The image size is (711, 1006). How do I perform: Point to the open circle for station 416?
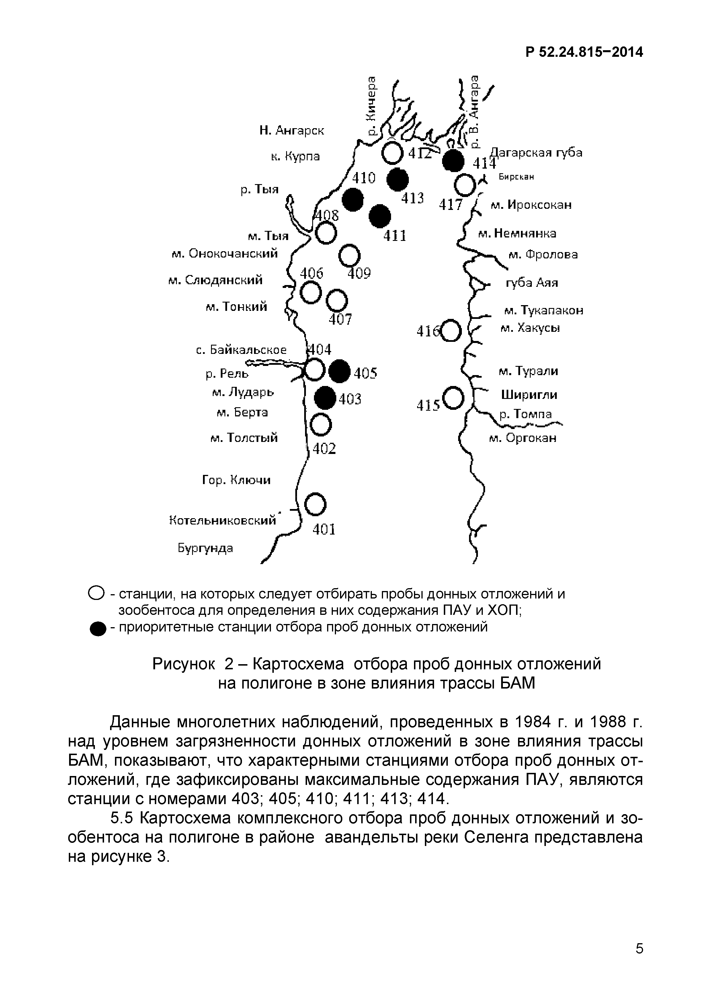coord(451,331)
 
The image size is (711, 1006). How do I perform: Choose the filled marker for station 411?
coord(379,216)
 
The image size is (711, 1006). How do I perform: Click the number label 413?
coord(412,198)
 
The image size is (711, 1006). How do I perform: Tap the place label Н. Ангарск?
coord(292,130)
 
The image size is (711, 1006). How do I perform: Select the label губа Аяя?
coord(532,283)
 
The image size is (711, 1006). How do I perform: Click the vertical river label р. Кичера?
coord(372,106)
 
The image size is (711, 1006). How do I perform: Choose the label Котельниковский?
coord(222,520)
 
